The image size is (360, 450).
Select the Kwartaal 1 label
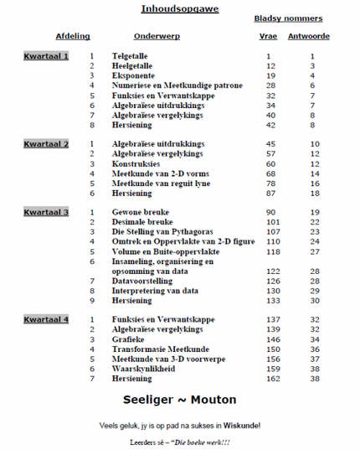click(x=46, y=55)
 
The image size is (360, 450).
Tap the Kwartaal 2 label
click(x=46, y=144)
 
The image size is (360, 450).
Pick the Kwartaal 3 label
click(x=46, y=212)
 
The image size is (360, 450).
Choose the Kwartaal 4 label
click(x=46, y=320)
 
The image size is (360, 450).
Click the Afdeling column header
click(x=73, y=37)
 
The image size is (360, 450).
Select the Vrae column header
click(x=270, y=37)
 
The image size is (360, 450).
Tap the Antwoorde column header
click(x=309, y=37)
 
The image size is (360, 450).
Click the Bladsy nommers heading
click(x=288, y=18)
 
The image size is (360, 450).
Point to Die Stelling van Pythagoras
click(x=164, y=232)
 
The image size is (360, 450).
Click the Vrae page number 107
click(x=271, y=232)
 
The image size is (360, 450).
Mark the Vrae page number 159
click(x=271, y=370)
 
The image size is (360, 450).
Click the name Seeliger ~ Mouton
click(x=179, y=400)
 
